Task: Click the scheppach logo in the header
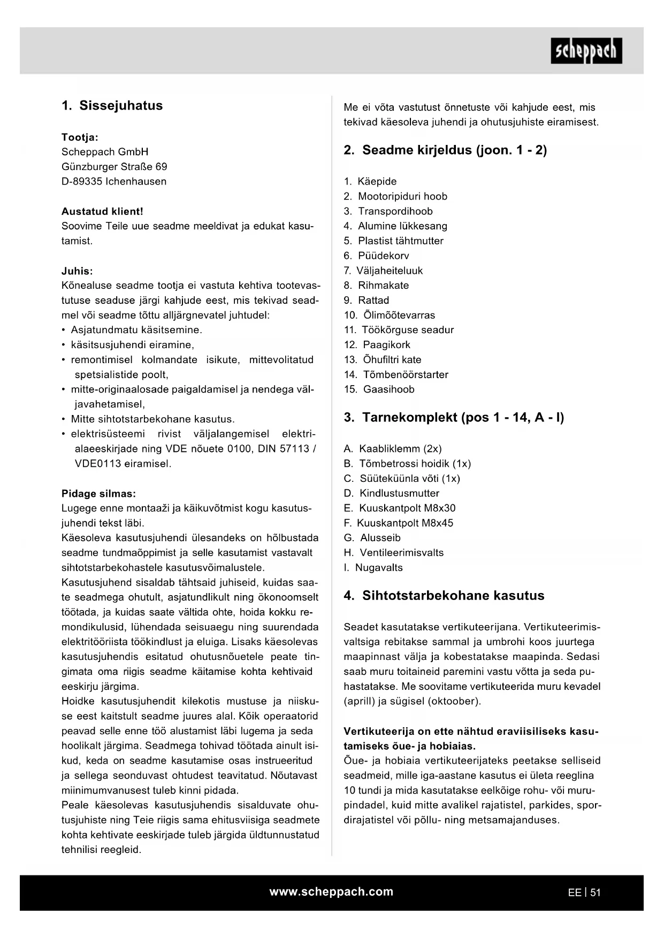(586, 51)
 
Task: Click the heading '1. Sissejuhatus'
(112, 105)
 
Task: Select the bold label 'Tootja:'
(80, 137)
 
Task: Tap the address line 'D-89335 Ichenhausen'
(113, 181)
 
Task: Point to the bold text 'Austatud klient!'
(102, 211)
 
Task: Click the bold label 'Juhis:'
(77, 271)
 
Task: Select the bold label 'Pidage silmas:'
(98, 494)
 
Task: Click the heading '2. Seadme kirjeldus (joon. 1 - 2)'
(445, 150)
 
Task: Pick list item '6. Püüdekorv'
(376, 256)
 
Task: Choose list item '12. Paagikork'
(377, 345)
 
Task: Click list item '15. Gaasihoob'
(379, 389)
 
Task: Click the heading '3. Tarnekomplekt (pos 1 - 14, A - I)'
(454, 417)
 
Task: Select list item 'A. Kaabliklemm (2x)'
(392, 449)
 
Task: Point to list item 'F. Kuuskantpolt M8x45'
(398, 523)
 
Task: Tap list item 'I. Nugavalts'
(373, 567)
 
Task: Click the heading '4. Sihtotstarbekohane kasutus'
(444, 595)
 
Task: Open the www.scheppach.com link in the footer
(331, 891)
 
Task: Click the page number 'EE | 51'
(584, 893)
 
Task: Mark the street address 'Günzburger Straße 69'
(114, 166)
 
